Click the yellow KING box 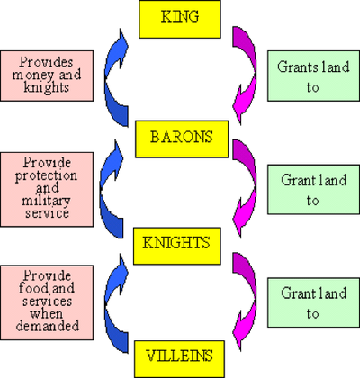click(179, 19)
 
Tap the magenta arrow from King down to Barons click(245, 72)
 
